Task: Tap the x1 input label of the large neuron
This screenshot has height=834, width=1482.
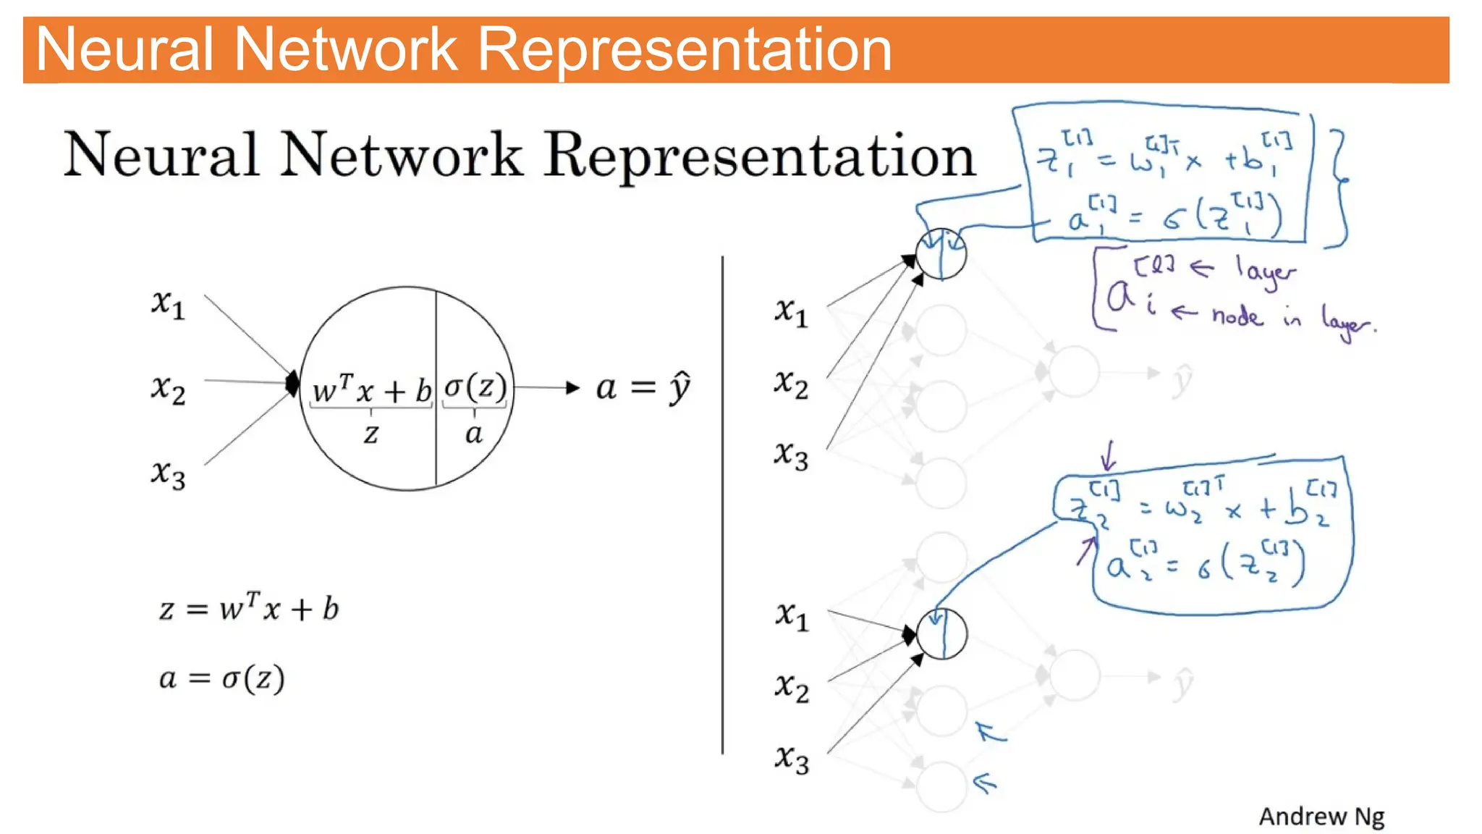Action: [x=168, y=304]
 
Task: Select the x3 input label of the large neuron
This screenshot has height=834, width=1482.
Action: [x=168, y=474]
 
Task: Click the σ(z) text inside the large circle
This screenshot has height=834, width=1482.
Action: [x=475, y=387]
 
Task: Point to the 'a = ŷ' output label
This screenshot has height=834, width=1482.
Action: [x=643, y=388]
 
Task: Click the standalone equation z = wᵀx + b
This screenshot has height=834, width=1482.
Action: [x=249, y=608]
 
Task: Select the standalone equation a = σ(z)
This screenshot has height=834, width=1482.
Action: [x=221, y=678]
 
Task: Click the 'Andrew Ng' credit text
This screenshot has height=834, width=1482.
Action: [x=1321, y=817]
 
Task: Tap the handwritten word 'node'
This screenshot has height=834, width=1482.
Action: [x=1237, y=316]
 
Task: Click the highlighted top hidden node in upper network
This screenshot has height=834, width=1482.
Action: [x=941, y=254]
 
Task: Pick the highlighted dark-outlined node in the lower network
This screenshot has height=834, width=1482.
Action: [x=941, y=633]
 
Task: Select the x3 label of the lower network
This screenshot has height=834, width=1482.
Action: [x=792, y=760]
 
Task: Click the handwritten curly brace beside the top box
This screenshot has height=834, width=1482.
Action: [x=1339, y=188]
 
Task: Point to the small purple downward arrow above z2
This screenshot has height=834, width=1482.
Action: [x=1108, y=455]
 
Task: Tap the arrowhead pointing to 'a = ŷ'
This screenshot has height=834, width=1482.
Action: [x=572, y=388]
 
